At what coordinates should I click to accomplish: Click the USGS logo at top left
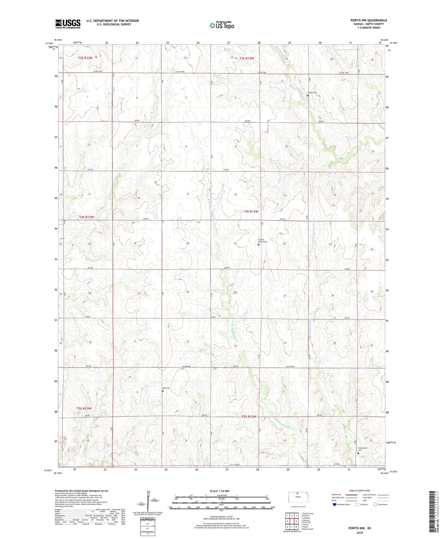click(68, 24)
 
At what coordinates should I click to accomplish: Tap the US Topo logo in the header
click(222, 26)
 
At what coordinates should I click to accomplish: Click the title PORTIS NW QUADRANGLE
click(368, 20)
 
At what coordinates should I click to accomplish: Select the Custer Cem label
click(312, 92)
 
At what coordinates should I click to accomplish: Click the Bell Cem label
click(166, 388)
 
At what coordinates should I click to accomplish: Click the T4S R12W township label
click(251, 211)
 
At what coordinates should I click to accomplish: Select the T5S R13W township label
click(84, 408)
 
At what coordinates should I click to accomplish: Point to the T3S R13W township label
click(85, 58)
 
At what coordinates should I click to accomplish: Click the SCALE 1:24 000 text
click(219, 491)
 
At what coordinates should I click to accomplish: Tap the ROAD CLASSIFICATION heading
click(360, 491)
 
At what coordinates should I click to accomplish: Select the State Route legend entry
click(381, 504)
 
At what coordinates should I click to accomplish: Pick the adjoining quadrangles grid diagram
click(292, 521)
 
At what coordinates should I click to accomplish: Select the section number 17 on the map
click(188, 194)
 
